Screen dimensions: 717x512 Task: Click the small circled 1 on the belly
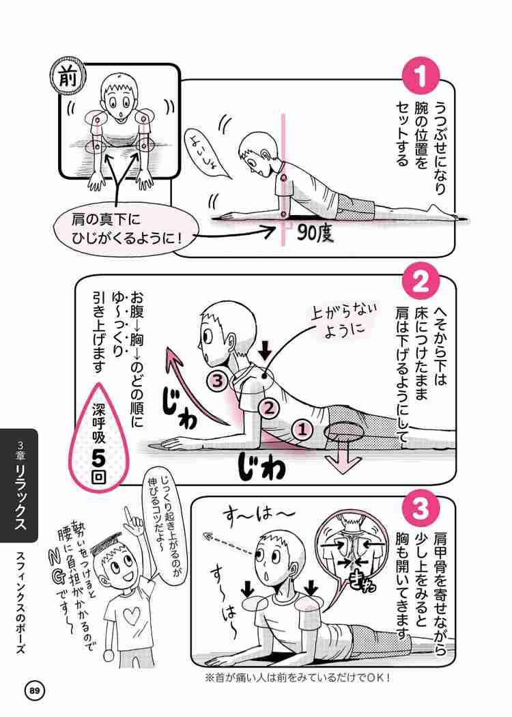[x=302, y=430]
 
